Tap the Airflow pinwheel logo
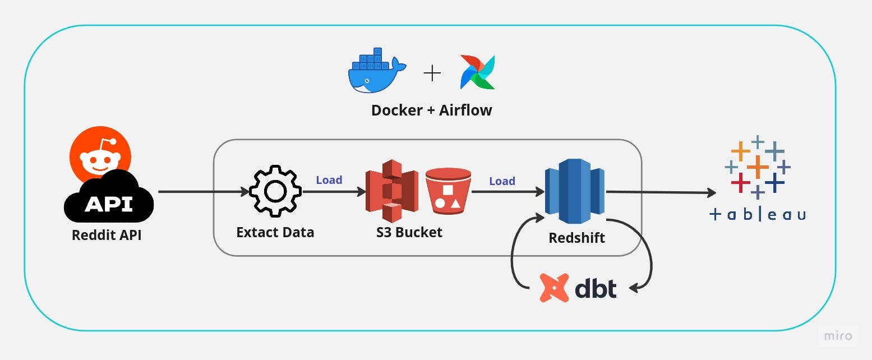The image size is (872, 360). [x=477, y=72]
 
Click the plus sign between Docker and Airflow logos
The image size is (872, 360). [x=432, y=73]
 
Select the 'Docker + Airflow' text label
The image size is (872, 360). [x=431, y=110]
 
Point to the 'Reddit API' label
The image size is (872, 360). [x=107, y=235]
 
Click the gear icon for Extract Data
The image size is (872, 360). [x=275, y=191]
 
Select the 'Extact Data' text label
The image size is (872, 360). [x=275, y=232]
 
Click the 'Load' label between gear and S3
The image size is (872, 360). [x=329, y=180]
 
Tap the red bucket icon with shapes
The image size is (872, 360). [x=447, y=191]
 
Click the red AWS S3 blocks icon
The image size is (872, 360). [x=392, y=191]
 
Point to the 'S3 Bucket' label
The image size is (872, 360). [x=409, y=232]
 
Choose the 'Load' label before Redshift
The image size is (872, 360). [x=501, y=181]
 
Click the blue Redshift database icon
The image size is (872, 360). [x=575, y=191]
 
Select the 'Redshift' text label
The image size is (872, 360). [x=576, y=238]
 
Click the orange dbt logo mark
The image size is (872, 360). [x=554, y=288]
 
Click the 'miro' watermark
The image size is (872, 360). [x=838, y=336]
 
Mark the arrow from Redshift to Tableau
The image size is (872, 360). [x=662, y=193]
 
